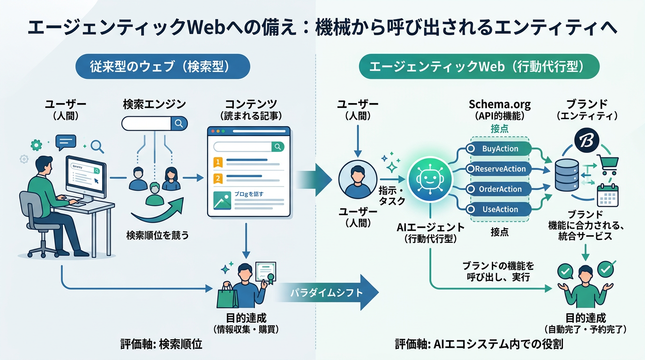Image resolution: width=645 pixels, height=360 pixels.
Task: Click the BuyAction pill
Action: (x=500, y=149)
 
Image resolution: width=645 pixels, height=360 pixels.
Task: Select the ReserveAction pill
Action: (x=500, y=169)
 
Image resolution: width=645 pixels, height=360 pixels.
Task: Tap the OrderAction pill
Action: (x=500, y=189)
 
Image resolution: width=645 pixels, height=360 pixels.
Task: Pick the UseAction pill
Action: (x=500, y=209)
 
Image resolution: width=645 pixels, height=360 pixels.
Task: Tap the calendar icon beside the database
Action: (x=608, y=196)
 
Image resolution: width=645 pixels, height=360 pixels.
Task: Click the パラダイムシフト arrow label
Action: (x=326, y=293)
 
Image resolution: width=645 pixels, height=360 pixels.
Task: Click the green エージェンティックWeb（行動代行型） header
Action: (x=479, y=67)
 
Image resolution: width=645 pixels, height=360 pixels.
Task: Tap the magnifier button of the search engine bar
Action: (x=179, y=123)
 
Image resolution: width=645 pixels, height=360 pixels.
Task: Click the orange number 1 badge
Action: (x=217, y=162)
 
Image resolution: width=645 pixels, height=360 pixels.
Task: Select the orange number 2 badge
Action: (x=217, y=179)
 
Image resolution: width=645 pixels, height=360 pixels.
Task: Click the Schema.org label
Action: (x=500, y=105)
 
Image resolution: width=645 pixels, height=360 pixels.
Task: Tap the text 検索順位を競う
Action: (x=157, y=235)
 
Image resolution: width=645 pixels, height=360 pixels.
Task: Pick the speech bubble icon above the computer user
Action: (x=65, y=141)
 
